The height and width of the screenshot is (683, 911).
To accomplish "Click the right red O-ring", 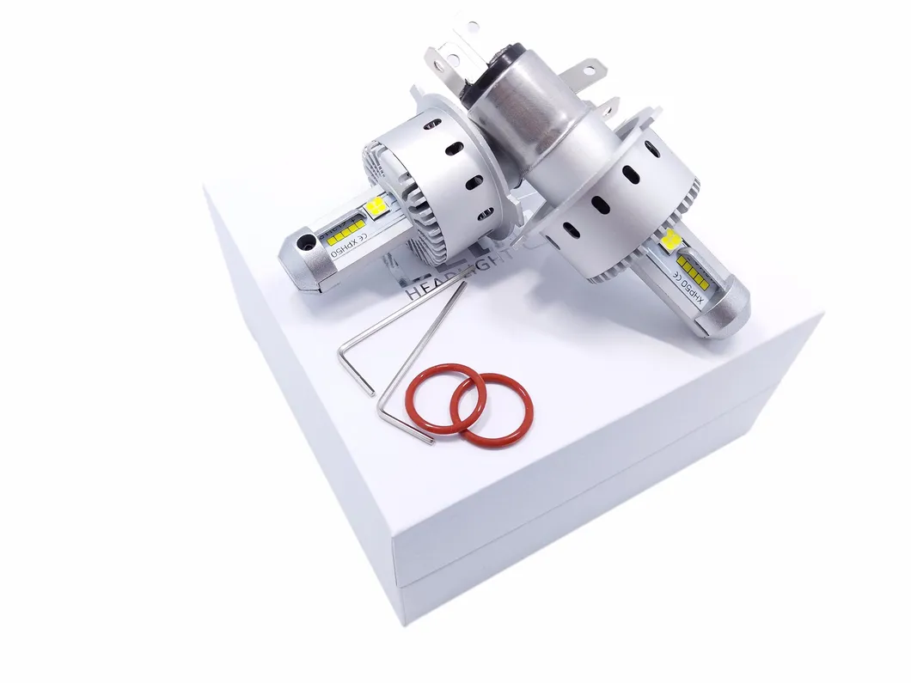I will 491,409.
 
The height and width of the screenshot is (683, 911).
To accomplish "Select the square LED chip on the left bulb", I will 376,207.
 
